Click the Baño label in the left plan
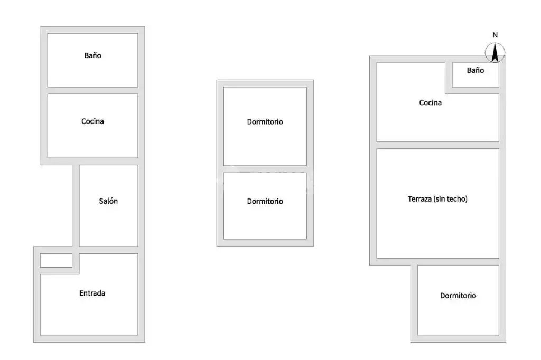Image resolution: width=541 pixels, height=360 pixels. click(92, 55)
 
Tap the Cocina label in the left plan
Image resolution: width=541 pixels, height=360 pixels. click(92, 121)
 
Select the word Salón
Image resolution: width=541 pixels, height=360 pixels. click(108, 201)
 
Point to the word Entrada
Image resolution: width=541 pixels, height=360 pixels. click(92, 293)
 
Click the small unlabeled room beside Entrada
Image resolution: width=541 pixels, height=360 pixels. click(56, 260)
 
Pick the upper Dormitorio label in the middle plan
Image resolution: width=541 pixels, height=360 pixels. click(265, 122)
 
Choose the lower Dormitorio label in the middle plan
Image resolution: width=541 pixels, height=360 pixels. click(265, 202)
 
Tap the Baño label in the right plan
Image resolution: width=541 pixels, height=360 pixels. click(475, 70)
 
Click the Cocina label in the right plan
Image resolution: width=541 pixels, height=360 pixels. click(430, 103)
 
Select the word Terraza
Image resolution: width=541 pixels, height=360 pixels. click(419, 199)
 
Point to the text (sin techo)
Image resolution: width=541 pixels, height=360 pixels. click(451, 199)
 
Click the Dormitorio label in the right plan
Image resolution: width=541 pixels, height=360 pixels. click(458, 296)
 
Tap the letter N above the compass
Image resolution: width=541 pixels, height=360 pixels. click(495, 35)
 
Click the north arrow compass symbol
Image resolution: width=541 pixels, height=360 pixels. click(495, 53)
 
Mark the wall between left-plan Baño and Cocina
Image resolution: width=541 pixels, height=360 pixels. click(92, 90)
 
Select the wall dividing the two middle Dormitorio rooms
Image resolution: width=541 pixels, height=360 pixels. click(265, 169)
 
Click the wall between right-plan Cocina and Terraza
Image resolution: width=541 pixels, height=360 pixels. click(437, 145)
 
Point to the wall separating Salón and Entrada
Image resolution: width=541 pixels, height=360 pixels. click(108, 250)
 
